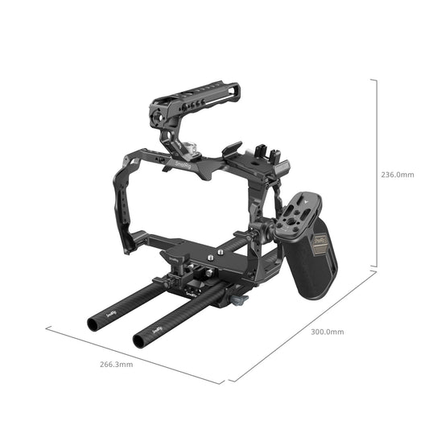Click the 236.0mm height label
coord(398,174)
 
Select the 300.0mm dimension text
coord(328,332)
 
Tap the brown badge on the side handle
coord(320,241)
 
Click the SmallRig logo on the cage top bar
coord(182,165)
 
